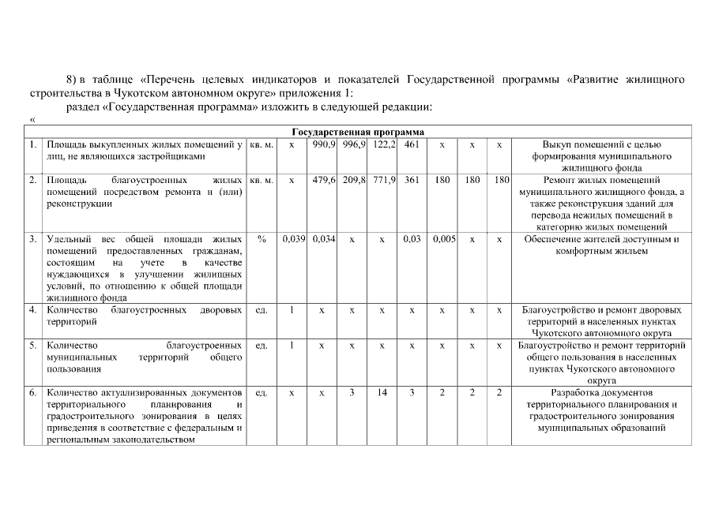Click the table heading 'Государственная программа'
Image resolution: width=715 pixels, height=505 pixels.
357,132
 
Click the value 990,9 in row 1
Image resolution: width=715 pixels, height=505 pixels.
322,145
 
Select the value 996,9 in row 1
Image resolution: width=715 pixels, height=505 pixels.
352,145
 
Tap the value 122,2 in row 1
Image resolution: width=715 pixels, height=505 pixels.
382,145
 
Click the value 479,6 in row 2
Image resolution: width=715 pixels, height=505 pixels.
322,180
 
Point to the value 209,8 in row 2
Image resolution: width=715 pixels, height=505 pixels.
352,180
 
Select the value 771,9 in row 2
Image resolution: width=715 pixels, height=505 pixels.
382,180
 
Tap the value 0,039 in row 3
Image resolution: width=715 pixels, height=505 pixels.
292,239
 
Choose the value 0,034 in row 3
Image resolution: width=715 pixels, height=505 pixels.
322,239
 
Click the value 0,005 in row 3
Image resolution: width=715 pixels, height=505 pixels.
442,239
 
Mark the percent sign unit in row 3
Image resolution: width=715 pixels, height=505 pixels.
261,239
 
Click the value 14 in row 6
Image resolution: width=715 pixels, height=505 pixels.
382,392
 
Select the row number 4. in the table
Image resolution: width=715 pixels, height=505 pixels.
32,310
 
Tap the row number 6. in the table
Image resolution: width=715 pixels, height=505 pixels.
32,392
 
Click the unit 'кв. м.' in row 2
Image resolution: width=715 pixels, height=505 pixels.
261,180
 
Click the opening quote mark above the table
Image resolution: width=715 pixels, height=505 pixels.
32,119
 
